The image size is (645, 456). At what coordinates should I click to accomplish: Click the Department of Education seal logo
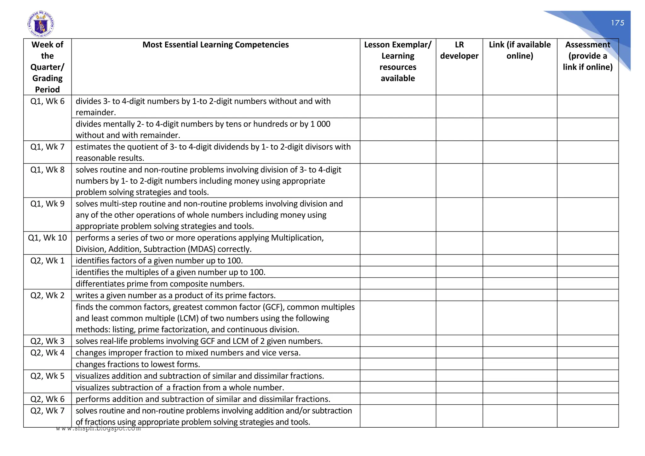[41, 24]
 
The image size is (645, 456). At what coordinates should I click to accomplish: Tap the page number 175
[617, 23]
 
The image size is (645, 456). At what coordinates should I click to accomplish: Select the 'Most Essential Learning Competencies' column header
[215, 45]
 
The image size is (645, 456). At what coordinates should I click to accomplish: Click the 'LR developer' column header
[459, 50]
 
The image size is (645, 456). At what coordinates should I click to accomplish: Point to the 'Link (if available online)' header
[520, 50]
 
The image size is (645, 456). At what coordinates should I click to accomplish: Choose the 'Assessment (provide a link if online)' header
[588, 56]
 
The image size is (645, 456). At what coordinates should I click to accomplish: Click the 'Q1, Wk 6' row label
[47, 101]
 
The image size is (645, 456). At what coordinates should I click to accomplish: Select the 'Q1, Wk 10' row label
[47, 238]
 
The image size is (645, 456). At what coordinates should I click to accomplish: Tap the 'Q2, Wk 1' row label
[47, 261]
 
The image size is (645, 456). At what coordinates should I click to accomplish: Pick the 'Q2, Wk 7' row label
[47, 411]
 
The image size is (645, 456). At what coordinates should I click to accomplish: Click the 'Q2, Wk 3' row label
[47, 341]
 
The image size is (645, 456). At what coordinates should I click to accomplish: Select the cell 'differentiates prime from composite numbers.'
[160, 284]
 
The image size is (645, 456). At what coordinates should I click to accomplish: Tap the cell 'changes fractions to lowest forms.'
[138, 364]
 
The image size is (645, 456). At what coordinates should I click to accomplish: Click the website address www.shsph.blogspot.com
[98, 429]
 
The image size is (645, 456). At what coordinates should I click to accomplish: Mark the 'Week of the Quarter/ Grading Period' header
[47, 67]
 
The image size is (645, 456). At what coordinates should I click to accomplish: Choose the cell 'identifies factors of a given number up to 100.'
[159, 261]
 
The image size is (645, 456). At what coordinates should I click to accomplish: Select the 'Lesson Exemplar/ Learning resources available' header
[398, 61]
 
